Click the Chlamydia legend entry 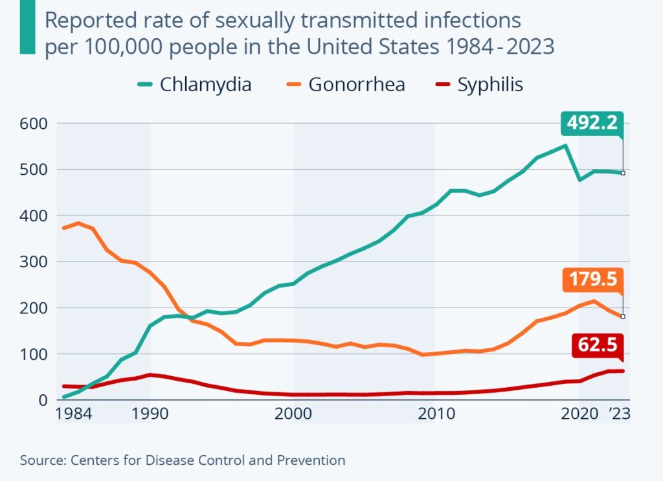[x=194, y=85]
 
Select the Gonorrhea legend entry [x=346, y=85]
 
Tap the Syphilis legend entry [x=479, y=85]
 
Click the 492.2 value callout [x=592, y=124]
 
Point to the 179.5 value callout [x=593, y=280]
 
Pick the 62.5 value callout [x=598, y=345]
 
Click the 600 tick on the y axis [x=34, y=124]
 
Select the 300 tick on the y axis [x=34, y=262]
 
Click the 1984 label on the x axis [x=74, y=414]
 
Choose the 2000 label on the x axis [x=293, y=414]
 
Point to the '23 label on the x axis [x=620, y=414]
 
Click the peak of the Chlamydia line [x=565, y=146]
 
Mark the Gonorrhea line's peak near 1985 [x=78, y=223]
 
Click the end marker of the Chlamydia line [x=623, y=173]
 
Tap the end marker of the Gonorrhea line [x=623, y=317]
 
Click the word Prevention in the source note [x=311, y=460]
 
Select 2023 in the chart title [x=530, y=46]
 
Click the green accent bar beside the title [x=27, y=27]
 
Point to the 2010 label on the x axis [x=436, y=414]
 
